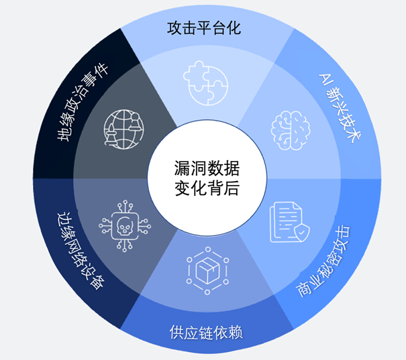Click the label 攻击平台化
203,29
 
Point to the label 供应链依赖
203,333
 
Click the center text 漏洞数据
203,167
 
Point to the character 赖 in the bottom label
233,333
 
